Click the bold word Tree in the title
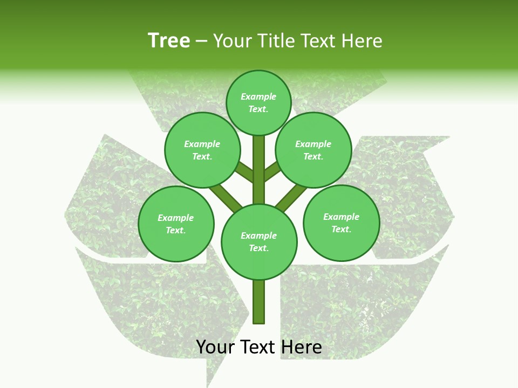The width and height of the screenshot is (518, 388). [x=169, y=41]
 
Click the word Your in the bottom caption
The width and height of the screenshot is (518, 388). [x=215, y=348]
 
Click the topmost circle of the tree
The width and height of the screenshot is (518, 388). [x=258, y=102]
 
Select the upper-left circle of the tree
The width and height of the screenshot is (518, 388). [x=202, y=150]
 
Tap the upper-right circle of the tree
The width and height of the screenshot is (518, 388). [x=313, y=150]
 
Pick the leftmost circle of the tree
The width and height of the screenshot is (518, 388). [x=176, y=224]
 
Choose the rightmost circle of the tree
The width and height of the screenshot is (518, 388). [x=341, y=223]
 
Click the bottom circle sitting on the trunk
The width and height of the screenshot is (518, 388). [x=259, y=242]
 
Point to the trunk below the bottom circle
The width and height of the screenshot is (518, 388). [x=259, y=302]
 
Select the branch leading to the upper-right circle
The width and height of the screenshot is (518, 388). [x=272, y=172]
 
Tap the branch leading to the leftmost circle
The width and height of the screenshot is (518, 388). [x=226, y=197]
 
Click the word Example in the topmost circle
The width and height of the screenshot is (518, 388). [x=258, y=97]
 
